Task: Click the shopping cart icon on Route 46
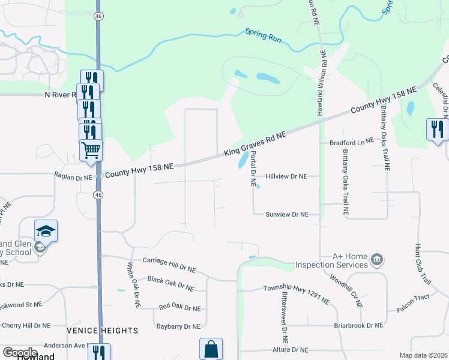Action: (91, 149)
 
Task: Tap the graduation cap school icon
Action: (46, 230)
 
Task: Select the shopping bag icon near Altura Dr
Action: (211, 349)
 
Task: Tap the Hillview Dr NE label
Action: (286, 176)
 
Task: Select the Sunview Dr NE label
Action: (287, 214)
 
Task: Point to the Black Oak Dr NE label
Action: (170, 283)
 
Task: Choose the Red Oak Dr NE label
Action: (179, 308)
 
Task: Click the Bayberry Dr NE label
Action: (178, 327)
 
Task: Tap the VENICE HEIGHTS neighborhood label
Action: (103, 331)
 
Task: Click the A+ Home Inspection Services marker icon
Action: (376, 260)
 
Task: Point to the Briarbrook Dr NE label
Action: (358, 326)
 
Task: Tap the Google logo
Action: (20, 353)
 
